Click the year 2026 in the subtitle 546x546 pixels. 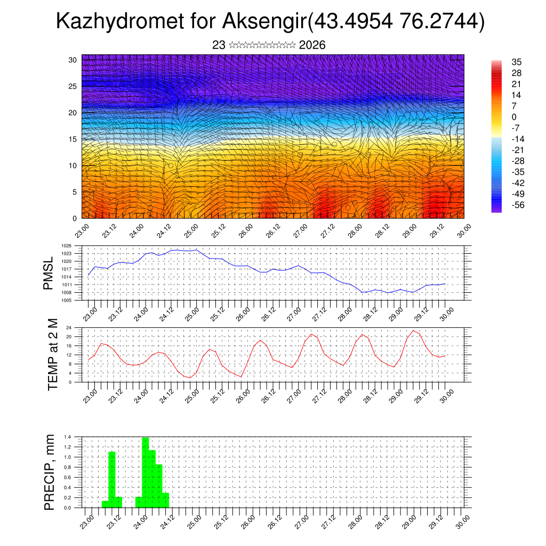(x=312, y=45)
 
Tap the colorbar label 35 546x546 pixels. (x=516, y=62)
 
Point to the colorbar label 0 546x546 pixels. (x=514, y=117)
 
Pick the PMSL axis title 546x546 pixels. (x=49, y=273)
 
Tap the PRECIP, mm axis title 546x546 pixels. (x=50, y=472)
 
